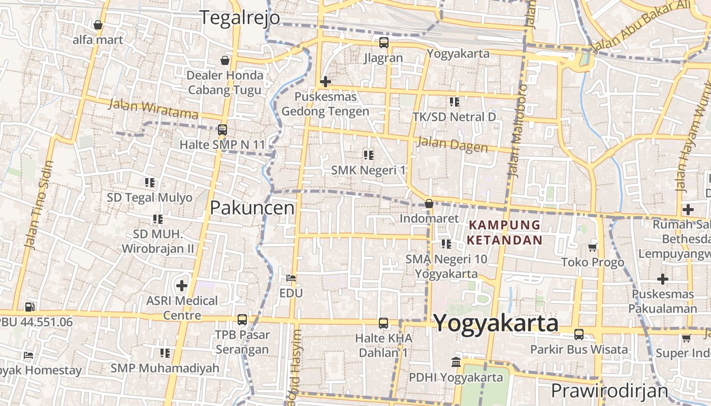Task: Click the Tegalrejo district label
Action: (239, 18)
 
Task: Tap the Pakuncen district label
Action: (252, 208)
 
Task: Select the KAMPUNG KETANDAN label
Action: (505, 232)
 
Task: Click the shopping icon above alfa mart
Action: (98, 24)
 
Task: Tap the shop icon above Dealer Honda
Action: (224, 61)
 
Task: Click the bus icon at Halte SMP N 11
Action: (222, 129)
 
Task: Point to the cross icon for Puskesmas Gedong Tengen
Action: (326, 81)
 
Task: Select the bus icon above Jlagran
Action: (383, 43)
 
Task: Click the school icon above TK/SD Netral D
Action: (454, 102)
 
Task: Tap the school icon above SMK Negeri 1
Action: (368, 155)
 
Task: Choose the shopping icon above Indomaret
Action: (429, 204)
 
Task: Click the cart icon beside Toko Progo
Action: (592, 247)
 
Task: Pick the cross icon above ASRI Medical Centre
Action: (181, 285)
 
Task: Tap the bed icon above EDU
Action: (291, 278)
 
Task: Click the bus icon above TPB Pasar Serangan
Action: (242, 320)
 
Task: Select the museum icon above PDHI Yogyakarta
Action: (456, 362)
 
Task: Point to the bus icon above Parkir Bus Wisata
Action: (578, 334)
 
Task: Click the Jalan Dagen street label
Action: (452, 144)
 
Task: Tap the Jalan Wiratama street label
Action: (153, 109)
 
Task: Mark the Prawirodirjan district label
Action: (609, 391)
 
